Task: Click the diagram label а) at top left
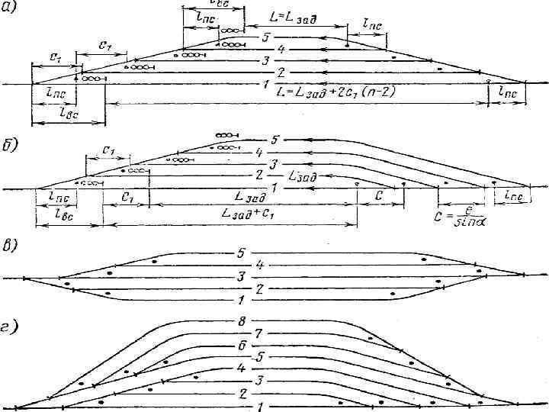[11, 8]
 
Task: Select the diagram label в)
[11, 249]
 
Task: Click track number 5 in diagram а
[264, 37]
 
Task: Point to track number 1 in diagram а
[264, 83]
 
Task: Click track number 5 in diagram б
[274, 140]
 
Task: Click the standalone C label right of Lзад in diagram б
[380, 195]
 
